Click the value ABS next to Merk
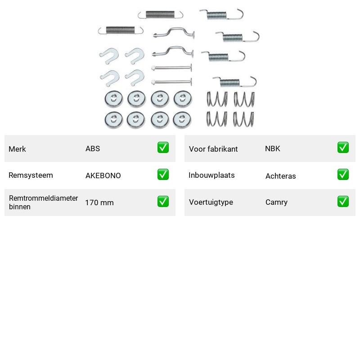click(x=93, y=148)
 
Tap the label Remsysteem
click(x=31, y=175)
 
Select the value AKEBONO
click(x=103, y=175)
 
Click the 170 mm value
click(x=99, y=202)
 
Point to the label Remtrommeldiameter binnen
click(x=43, y=202)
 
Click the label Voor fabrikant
click(x=213, y=149)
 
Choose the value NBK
click(x=273, y=148)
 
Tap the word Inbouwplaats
click(x=211, y=175)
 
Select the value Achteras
click(x=280, y=176)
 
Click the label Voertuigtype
click(x=211, y=202)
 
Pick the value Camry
click(x=276, y=202)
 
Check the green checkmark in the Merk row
click(x=163, y=148)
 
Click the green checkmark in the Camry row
click(x=343, y=201)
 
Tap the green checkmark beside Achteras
click(x=343, y=174)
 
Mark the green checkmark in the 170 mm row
click(x=163, y=201)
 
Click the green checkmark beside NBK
click(x=343, y=148)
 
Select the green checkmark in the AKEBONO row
click(x=163, y=174)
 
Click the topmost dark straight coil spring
click(x=160, y=14)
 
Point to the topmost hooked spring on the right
click(x=221, y=14)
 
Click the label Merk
click(x=17, y=149)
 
